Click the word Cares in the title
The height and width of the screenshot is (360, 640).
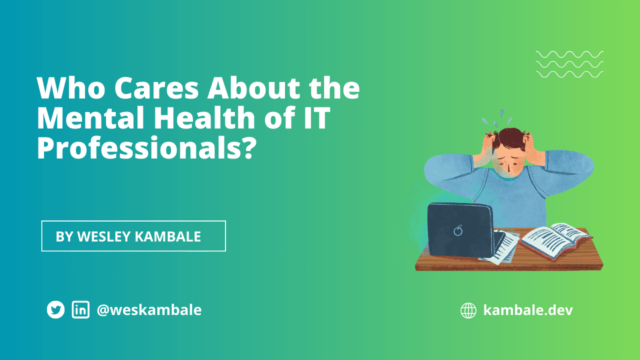(157, 88)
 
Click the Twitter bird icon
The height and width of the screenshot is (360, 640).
(56, 310)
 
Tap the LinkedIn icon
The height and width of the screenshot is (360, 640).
(80, 310)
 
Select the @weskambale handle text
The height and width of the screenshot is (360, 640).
(149, 310)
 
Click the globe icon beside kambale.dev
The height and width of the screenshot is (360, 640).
(468, 310)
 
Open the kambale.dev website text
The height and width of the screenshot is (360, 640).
(528, 310)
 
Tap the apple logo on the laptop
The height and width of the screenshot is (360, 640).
(457, 230)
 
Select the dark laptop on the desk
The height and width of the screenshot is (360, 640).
(459, 230)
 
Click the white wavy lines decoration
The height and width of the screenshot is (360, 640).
(569, 64)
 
